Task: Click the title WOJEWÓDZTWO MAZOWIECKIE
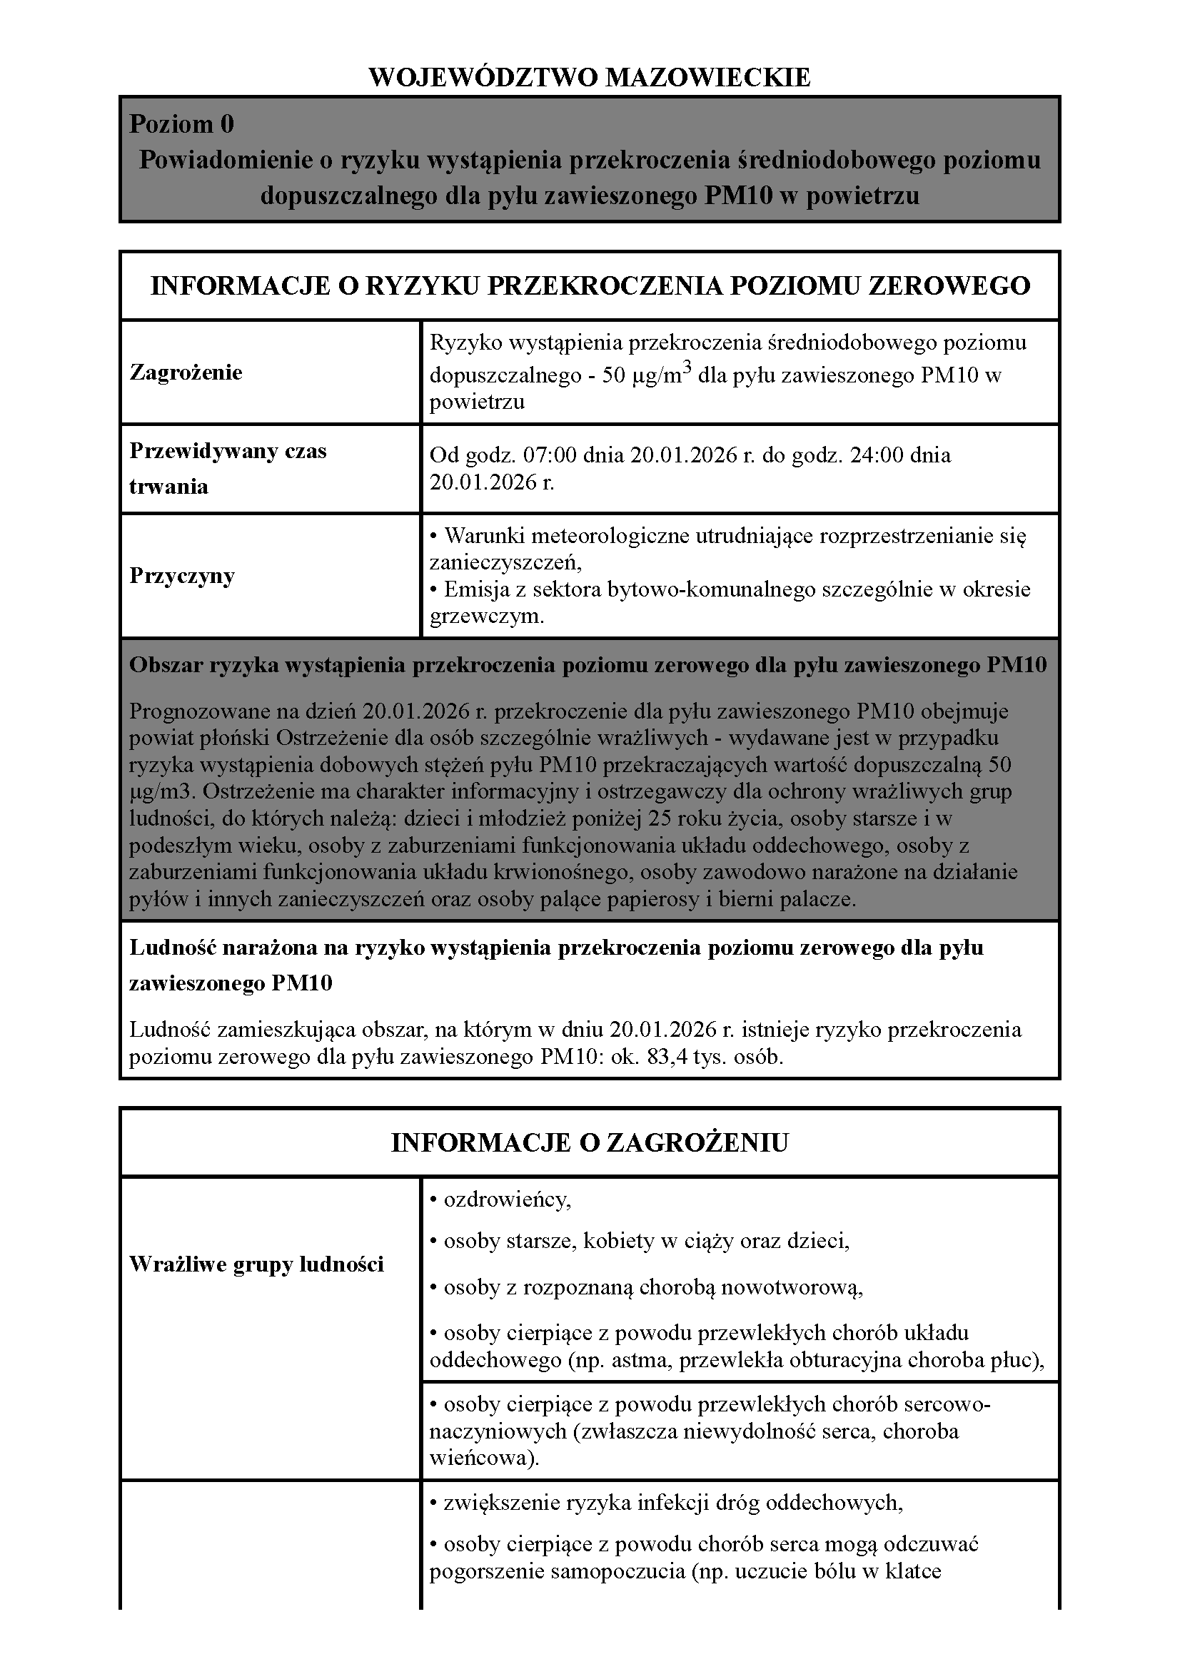click(590, 77)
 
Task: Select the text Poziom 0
click(182, 124)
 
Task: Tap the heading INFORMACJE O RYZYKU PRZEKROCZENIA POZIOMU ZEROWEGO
click(590, 285)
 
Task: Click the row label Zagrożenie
click(186, 372)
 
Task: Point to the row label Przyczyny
click(182, 576)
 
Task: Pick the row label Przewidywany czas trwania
click(228, 468)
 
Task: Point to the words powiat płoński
click(200, 738)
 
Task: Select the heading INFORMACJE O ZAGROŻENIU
click(590, 1143)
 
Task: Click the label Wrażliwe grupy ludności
click(257, 1264)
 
